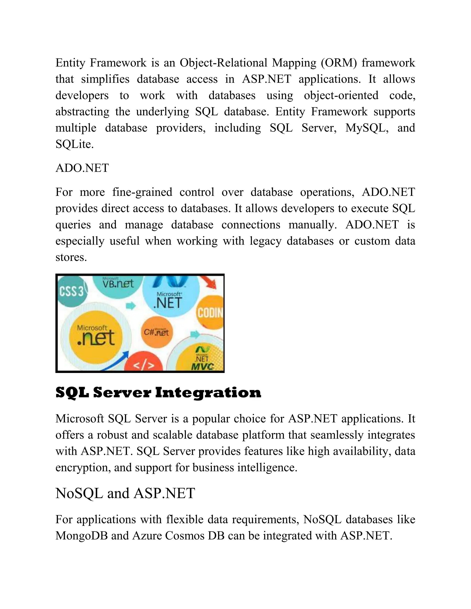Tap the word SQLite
pos(75,144)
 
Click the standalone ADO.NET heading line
pos(82,168)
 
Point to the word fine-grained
pos(142,192)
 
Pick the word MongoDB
pos(81,536)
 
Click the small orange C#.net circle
pos(157,332)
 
